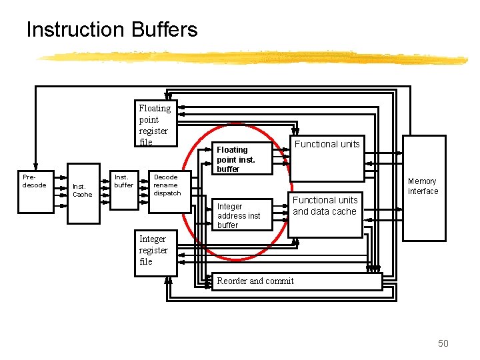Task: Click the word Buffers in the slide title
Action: [164, 30]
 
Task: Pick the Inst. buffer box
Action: [124, 191]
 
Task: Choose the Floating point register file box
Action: [156, 124]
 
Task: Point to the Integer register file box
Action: [156, 253]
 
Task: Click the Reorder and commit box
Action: [297, 281]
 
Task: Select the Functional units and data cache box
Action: [326, 213]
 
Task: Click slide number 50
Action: [443, 343]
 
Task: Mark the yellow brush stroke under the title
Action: [253, 58]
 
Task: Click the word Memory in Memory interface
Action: [423, 181]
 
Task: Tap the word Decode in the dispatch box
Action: [166, 177]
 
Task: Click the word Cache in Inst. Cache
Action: [83, 195]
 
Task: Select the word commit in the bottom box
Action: [280, 281]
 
